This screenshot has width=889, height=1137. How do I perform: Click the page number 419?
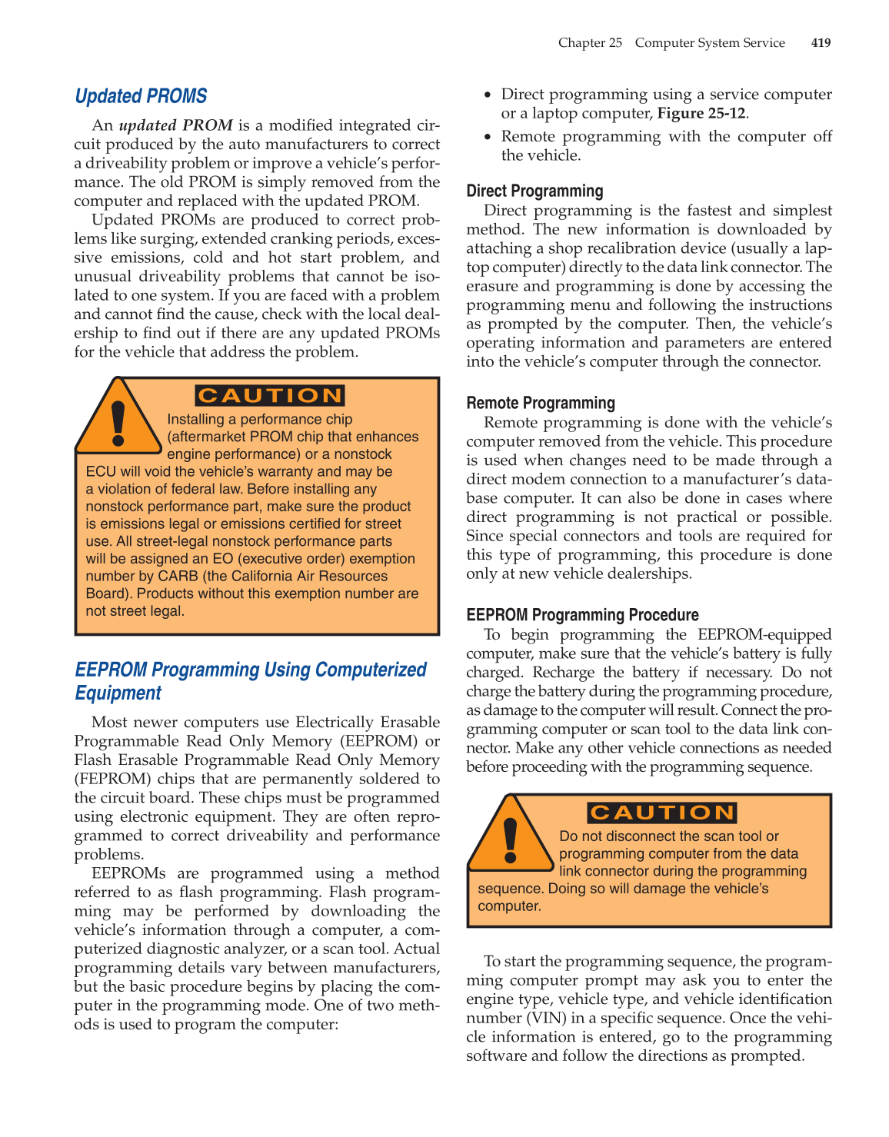point(821,43)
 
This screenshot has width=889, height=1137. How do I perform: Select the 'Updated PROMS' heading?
point(141,96)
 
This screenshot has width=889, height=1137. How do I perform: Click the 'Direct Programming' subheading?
point(534,191)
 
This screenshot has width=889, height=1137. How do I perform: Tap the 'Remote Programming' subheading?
point(541,404)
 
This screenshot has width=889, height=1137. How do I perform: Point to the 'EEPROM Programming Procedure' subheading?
point(582,615)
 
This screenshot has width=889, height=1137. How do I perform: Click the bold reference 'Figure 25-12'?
point(701,114)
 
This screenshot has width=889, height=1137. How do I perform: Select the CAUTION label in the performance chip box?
point(269,396)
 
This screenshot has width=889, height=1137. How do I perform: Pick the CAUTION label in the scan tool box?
point(662,813)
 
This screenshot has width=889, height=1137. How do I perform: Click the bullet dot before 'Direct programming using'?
point(488,95)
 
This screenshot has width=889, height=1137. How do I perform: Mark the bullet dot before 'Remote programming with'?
point(488,137)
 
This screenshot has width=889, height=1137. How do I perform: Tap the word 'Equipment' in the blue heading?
point(118,693)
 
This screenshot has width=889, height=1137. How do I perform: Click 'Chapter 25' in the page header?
point(590,43)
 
